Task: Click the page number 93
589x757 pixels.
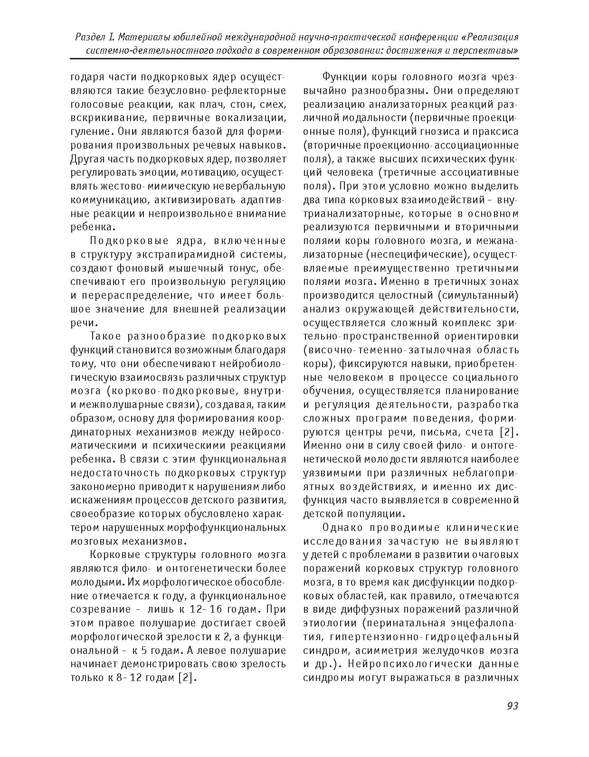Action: pos(512,706)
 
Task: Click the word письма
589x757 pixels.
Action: pos(437,433)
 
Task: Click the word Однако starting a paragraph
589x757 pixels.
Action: pos(342,528)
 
